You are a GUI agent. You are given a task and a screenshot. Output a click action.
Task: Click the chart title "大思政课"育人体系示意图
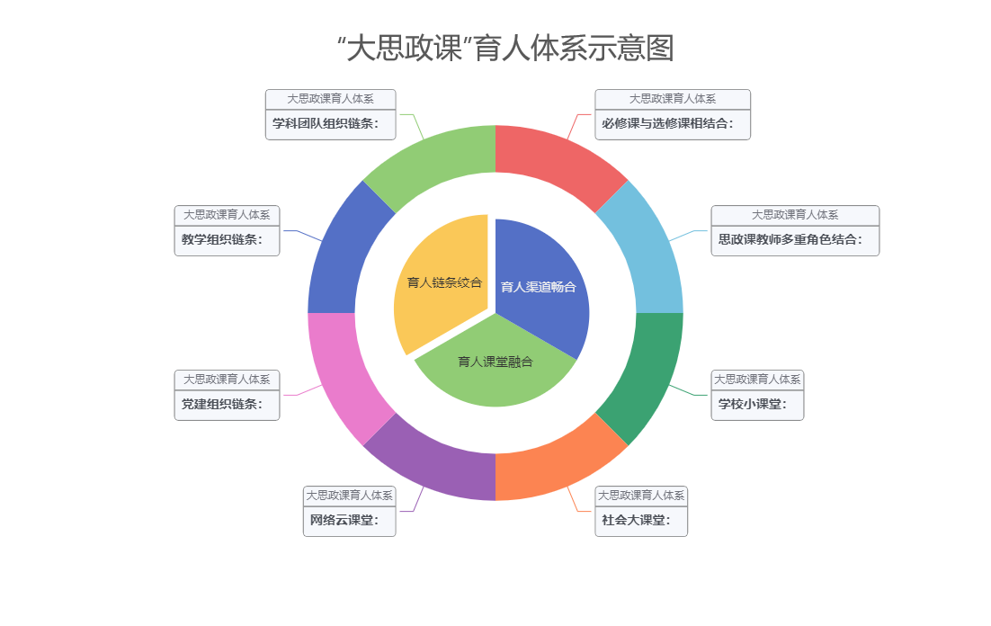tap(510, 49)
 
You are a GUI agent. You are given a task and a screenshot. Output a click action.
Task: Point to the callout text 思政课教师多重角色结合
tap(790, 240)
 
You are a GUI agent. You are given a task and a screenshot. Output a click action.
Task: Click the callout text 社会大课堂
tap(636, 521)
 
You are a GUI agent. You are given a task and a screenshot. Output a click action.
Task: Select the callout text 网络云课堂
tap(344, 521)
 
